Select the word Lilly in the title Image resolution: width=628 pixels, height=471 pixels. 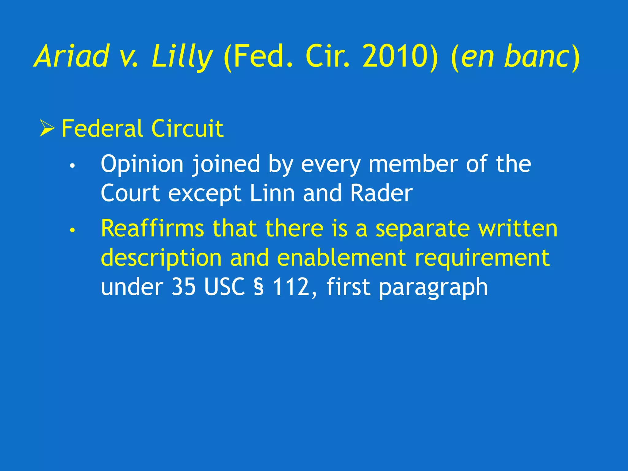click(x=182, y=56)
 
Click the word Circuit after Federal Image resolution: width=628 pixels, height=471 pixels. click(x=187, y=128)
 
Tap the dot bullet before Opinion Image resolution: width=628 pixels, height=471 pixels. click(x=72, y=166)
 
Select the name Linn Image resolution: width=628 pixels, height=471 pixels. click(x=272, y=193)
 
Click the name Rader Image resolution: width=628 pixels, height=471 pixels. click(x=381, y=193)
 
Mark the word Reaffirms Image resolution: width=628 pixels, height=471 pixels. click(x=152, y=228)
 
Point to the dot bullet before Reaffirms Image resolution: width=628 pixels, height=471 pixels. click(x=72, y=230)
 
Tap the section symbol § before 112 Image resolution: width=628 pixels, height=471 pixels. click(x=259, y=287)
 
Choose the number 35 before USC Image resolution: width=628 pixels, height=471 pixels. click(x=183, y=287)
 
